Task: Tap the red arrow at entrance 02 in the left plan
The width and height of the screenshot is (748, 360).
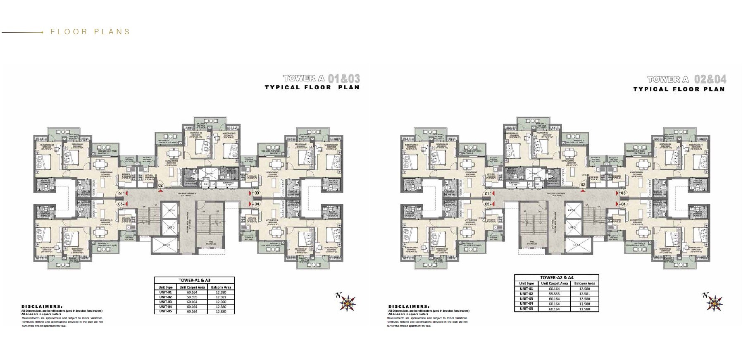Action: (x=160, y=191)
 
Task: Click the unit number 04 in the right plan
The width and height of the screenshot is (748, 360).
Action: (x=624, y=204)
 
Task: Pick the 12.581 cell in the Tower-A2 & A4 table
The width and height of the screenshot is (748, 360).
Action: (x=584, y=294)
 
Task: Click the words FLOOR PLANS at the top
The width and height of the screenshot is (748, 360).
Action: (x=90, y=32)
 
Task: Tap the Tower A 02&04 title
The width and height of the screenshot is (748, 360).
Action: (x=686, y=79)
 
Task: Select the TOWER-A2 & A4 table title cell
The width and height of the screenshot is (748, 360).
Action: (x=556, y=278)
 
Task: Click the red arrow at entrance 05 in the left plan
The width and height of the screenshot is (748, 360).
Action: (x=127, y=204)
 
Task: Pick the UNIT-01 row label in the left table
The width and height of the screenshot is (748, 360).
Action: (x=165, y=292)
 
